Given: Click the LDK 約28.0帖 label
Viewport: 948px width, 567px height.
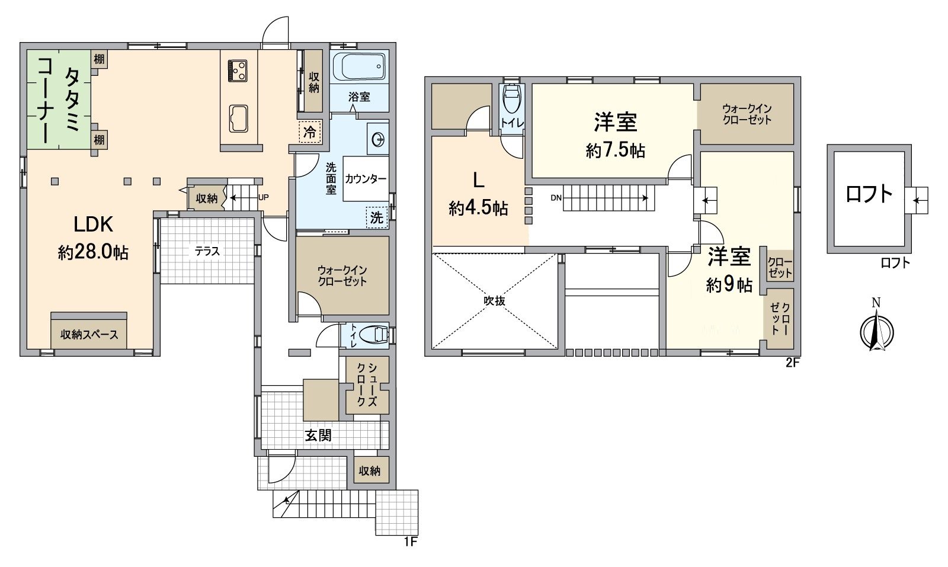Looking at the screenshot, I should tap(93, 238).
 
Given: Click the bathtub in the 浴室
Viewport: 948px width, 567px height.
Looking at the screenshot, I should tap(359, 66).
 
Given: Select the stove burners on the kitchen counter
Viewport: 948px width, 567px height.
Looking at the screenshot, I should tap(238, 71).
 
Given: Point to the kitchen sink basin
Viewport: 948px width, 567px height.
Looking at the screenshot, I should tap(239, 119).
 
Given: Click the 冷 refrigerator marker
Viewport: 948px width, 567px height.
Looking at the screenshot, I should tap(309, 132).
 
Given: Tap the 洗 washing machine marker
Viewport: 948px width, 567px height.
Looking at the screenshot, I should tap(377, 217).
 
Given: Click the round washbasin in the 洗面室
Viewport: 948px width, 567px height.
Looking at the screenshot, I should tap(378, 140).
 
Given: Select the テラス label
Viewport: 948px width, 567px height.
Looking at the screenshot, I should tap(207, 252).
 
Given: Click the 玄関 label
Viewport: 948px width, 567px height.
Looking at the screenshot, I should tap(318, 435).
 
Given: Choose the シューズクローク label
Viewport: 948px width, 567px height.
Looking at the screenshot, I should tap(367, 385).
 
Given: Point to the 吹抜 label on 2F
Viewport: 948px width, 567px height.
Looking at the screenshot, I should tap(494, 301).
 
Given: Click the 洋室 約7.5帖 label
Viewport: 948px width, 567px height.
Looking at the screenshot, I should tap(615, 135).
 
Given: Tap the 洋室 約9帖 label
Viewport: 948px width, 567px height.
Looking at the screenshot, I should tap(729, 270).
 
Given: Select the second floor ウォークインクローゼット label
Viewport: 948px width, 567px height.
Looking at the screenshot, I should tap(747, 114).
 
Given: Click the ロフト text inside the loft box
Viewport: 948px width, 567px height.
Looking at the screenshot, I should tap(869, 194).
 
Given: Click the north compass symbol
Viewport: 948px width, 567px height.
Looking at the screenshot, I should tap(876, 330).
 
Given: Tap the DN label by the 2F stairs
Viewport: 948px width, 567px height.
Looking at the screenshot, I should tap(556, 198).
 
